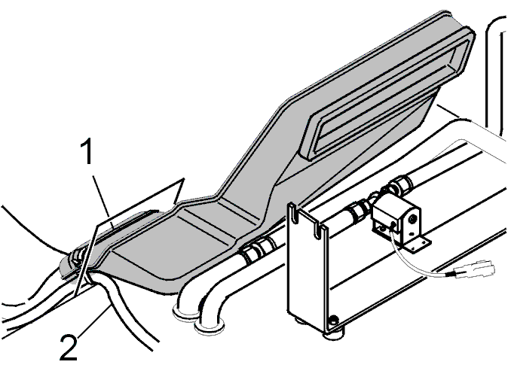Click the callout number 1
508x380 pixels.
[x=86, y=151]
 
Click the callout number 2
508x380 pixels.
[x=69, y=348]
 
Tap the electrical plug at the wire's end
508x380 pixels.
[x=475, y=269]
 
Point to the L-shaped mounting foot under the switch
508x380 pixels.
[x=418, y=244]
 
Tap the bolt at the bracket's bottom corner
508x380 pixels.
[x=332, y=321]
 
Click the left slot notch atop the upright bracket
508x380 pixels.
[x=293, y=213]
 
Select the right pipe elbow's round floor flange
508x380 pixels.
[x=210, y=329]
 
